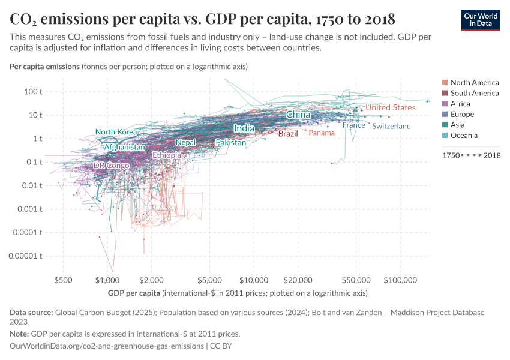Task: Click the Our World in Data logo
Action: (480, 20)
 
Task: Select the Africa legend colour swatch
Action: (445, 104)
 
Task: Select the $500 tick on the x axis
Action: (63, 280)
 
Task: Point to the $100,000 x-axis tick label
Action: (400, 280)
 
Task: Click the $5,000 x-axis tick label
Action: (210, 280)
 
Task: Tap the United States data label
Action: (390, 107)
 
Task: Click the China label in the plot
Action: (298, 115)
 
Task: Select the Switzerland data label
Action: (391, 126)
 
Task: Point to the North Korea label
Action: (116, 132)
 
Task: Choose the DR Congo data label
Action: (111, 166)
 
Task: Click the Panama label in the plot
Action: (321, 133)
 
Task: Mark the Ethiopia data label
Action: (167, 155)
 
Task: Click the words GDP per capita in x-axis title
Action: (134, 293)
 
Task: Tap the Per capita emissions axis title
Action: (44, 66)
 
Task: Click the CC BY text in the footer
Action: (220, 346)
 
